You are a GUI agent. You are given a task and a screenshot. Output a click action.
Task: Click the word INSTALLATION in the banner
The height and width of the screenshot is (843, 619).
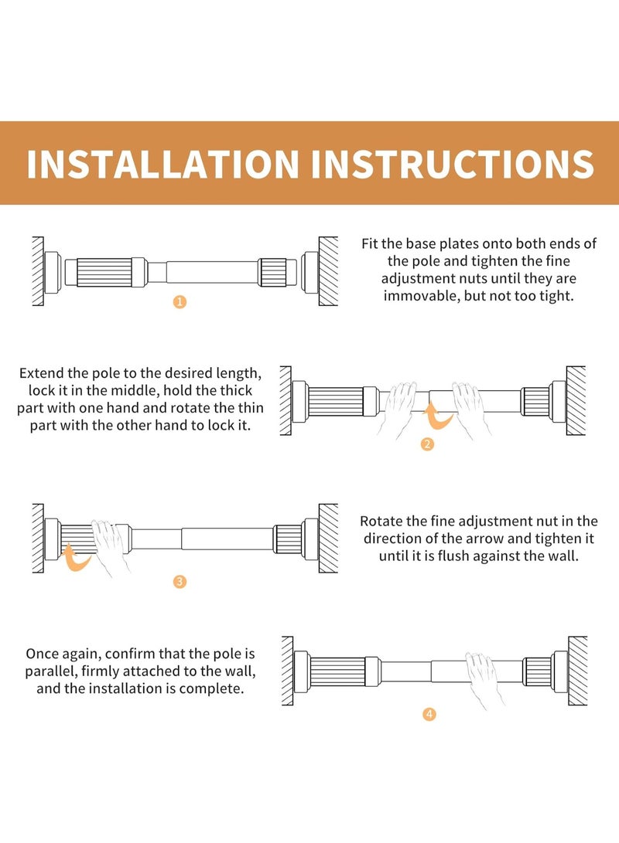click(x=162, y=164)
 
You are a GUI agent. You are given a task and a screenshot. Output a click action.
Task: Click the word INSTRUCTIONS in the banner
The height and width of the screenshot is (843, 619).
click(x=453, y=164)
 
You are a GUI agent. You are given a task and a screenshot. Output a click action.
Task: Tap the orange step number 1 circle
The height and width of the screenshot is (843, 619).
click(x=180, y=302)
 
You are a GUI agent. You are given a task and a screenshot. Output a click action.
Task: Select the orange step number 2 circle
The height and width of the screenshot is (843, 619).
click(x=427, y=444)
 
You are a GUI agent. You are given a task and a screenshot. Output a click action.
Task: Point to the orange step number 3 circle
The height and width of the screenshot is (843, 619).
click(x=180, y=582)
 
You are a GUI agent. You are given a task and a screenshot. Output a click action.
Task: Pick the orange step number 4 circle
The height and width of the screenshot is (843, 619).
click(x=429, y=715)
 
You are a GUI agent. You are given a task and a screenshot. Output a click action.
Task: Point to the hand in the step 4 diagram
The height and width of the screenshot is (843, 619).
click(x=484, y=678)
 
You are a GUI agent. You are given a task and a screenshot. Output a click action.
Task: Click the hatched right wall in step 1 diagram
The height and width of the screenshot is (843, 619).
click(x=328, y=271)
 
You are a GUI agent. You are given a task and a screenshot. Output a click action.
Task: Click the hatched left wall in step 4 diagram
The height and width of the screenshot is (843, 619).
click(x=287, y=671)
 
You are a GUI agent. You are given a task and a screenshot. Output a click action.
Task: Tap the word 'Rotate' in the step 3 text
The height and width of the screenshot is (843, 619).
click(x=381, y=521)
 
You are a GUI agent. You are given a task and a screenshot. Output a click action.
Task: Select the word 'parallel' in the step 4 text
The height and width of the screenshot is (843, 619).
click(x=50, y=671)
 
